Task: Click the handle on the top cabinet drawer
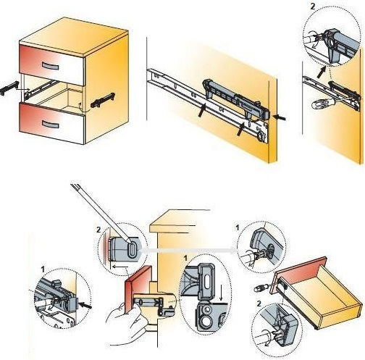click(51, 66)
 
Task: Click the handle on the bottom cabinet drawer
click(51, 124)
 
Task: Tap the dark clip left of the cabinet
click(9, 88)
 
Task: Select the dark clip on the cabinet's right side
click(103, 100)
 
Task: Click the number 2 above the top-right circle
click(313, 7)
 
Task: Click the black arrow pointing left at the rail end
click(280, 117)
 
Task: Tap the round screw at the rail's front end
click(261, 135)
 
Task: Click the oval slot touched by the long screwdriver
click(132, 250)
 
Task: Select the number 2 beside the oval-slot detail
click(98, 230)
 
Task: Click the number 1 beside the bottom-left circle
click(43, 269)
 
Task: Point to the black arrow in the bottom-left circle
click(85, 306)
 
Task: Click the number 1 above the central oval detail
click(185, 258)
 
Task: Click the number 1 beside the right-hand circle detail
click(238, 227)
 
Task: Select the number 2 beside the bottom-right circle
click(259, 304)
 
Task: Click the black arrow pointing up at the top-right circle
click(322, 72)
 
